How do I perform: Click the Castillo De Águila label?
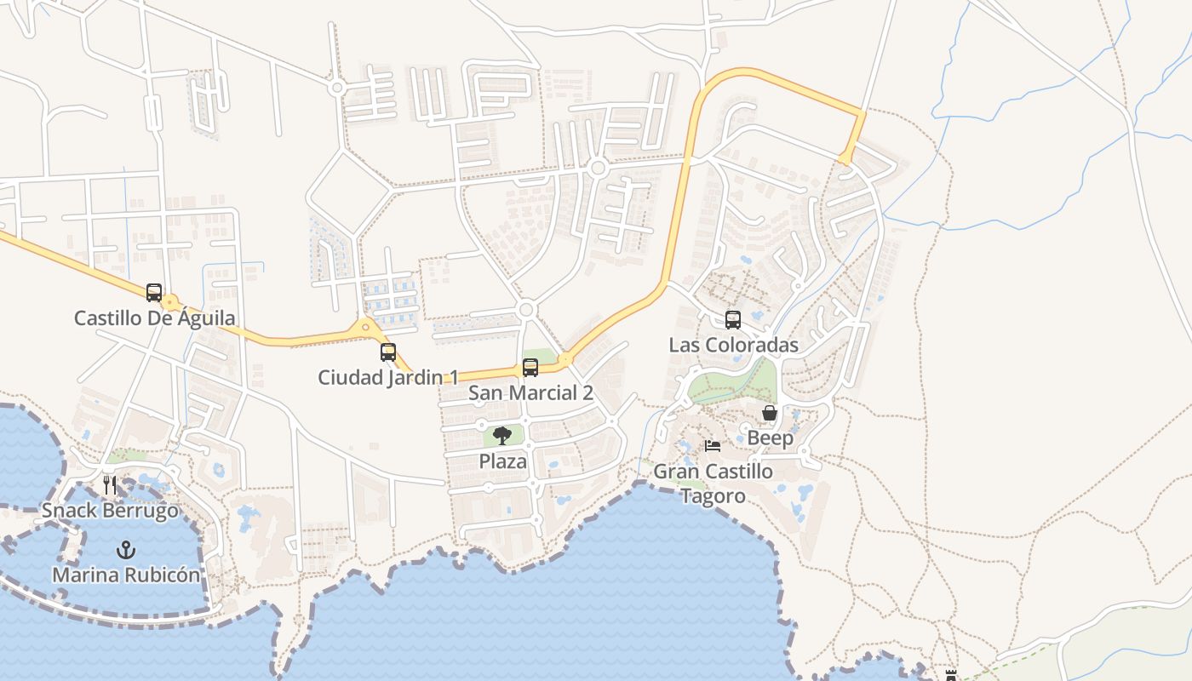tap(155, 318)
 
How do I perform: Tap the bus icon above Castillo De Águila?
tap(154, 293)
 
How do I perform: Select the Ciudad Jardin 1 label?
tap(388, 377)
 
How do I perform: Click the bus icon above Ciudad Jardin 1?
tap(388, 352)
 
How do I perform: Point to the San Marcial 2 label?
tap(530, 393)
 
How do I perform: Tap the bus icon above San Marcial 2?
tap(530, 368)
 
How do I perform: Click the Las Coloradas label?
tap(733, 345)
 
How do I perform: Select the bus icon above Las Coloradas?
tap(733, 320)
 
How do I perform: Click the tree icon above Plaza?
tap(502, 436)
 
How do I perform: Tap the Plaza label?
tap(502, 461)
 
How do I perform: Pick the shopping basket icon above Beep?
tap(770, 414)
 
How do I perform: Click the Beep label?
tap(770, 438)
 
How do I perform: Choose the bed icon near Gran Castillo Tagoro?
tap(713, 445)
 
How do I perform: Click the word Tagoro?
tap(713, 496)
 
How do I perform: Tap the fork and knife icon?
tap(110, 486)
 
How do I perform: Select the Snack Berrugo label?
tap(110, 511)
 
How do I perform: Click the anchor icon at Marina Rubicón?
tap(126, 550)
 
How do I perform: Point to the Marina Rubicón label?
tap(126, 575)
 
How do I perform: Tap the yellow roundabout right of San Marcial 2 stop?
tap(564, 360)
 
